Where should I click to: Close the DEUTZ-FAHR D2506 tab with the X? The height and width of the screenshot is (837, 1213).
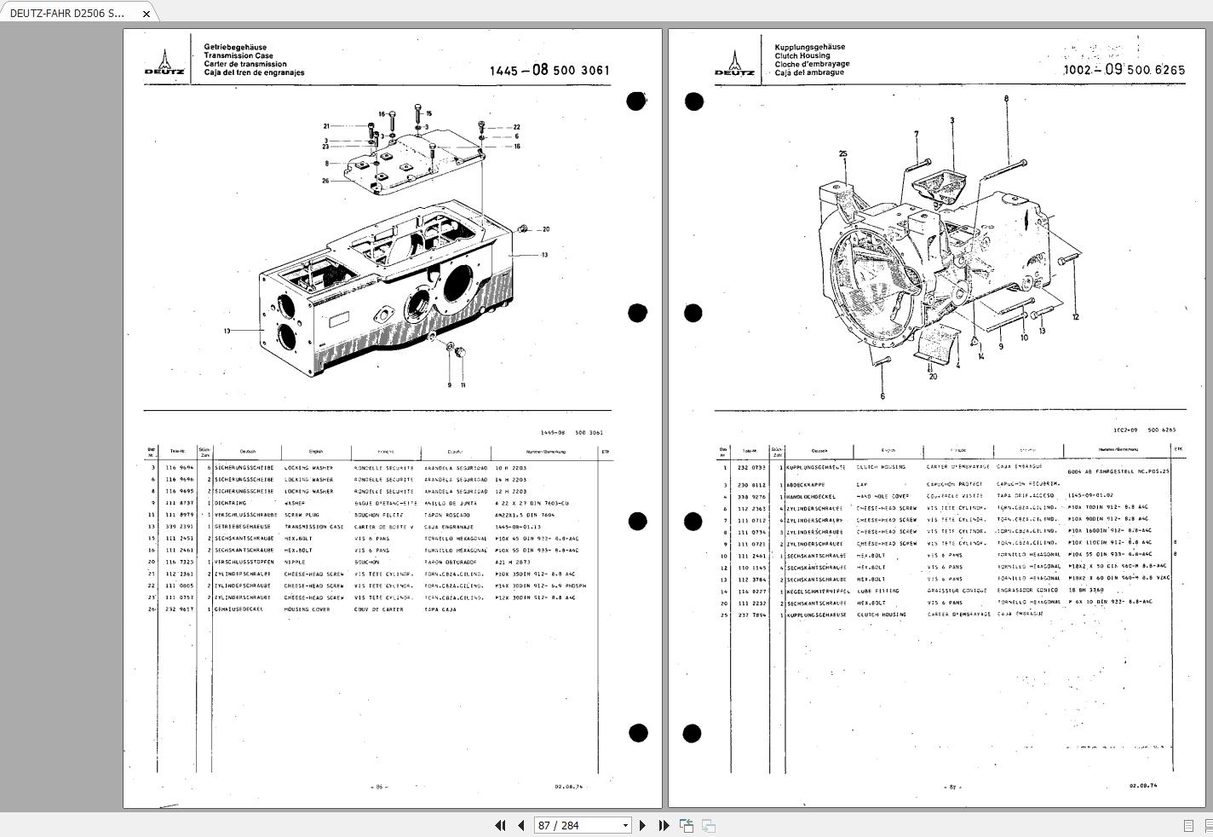[x=147, y=14]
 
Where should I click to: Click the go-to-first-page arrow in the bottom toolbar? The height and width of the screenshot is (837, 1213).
[x=500, y=825]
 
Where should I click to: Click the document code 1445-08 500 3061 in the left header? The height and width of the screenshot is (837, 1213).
[x=549, y=70]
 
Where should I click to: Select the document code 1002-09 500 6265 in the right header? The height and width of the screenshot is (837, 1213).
[x=1124, y=70]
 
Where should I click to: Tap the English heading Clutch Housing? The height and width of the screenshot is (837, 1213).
[x=802, y=55]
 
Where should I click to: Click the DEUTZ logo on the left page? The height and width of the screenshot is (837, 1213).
[x=164, y=62]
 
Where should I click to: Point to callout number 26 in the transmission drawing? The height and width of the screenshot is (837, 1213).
[x=325, y=181]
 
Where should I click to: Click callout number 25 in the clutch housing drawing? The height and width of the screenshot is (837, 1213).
[x=842, y=154]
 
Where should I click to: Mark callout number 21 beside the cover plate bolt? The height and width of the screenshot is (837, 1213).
[x=325, y=127]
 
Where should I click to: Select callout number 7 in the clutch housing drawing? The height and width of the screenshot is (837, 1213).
[x=917, y=134]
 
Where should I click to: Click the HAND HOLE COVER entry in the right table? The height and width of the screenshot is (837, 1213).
[x=882, y=496]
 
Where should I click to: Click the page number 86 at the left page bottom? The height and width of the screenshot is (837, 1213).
[x=379, y=788]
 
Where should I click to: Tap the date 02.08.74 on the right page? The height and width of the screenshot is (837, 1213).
[x=1143, y=786]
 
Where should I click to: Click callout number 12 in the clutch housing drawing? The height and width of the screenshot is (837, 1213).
[x=1075, y=317]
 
